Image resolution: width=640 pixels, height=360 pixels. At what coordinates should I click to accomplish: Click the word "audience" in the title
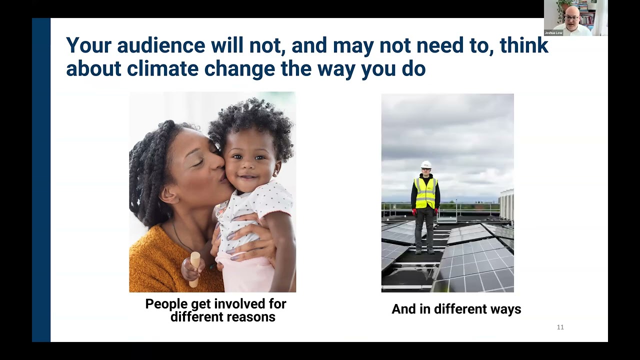coord(161,45)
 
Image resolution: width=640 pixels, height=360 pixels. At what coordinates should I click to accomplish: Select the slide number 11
coord(560,327)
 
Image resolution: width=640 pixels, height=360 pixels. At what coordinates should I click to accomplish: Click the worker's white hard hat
coord(426,164)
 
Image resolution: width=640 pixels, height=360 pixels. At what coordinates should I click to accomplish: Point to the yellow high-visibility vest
coord(425,193)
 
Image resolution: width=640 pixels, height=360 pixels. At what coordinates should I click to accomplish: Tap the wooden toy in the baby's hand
coord(194,268)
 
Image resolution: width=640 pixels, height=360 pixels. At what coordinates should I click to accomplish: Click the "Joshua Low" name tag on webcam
coord(553,33)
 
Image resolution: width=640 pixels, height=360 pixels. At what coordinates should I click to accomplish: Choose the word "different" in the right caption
coord(458,309)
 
